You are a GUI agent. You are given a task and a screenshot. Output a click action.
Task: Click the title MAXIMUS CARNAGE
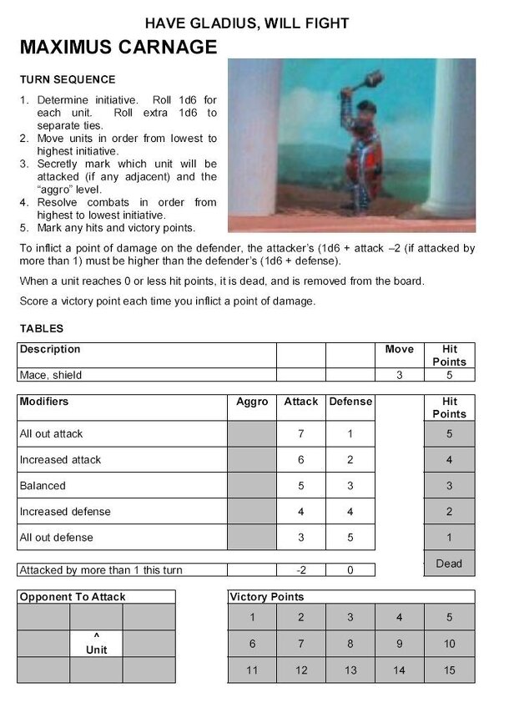(x=118, y=47)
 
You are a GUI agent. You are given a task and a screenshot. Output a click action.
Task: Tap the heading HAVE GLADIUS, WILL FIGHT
(x=247, y=23)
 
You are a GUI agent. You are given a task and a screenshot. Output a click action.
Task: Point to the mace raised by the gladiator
(x=370, y=81)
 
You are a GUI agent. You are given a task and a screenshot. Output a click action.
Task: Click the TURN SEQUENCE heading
(x=68, y=80)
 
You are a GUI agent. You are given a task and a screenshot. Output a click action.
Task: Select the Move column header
(x=399, y=349)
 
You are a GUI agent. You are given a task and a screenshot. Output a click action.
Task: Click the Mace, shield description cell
(x=52, y=375)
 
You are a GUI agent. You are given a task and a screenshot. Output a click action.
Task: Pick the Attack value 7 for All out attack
(x=300, y=433)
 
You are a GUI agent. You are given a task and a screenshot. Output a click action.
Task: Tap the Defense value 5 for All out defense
(x=350, y=537)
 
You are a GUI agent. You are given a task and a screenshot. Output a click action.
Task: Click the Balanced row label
(x=43, y=485)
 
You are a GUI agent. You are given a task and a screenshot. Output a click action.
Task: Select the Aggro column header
(x=252, y=402)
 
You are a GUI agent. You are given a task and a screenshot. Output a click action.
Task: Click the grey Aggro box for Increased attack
(x=252, y=459)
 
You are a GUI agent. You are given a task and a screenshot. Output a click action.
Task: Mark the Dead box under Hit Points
(x=449, y=564)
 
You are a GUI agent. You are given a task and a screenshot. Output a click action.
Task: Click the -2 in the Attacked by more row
(x=300, y=570)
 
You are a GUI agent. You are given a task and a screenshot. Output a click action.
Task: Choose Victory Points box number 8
(x=350, y=644)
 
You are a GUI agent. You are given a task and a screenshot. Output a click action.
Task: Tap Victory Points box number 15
(x=449, y=670)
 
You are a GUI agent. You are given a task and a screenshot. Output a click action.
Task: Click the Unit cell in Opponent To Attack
(x=97, y=644)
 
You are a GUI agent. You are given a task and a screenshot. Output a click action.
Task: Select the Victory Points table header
(x=266, y=597)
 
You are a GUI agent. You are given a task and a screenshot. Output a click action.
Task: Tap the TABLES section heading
(x=42, y=329)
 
